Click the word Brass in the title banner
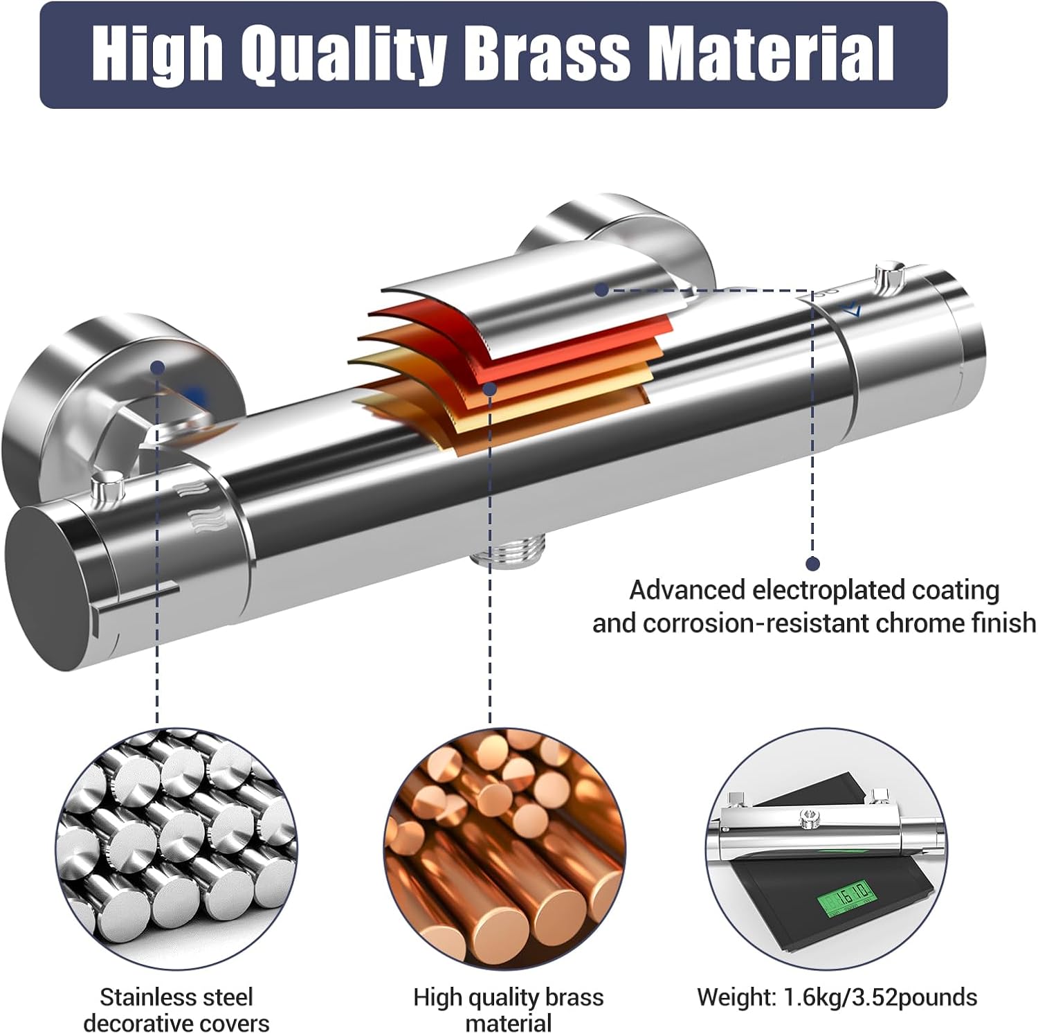[547, 54]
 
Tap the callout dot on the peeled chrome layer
[602, 289]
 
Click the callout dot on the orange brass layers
[490, 389]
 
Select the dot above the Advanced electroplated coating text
[813, 564]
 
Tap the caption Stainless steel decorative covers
[176, 1010]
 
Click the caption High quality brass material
[509, 1010]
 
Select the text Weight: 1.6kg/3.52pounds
[837, 997]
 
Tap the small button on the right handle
[889, 275]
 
